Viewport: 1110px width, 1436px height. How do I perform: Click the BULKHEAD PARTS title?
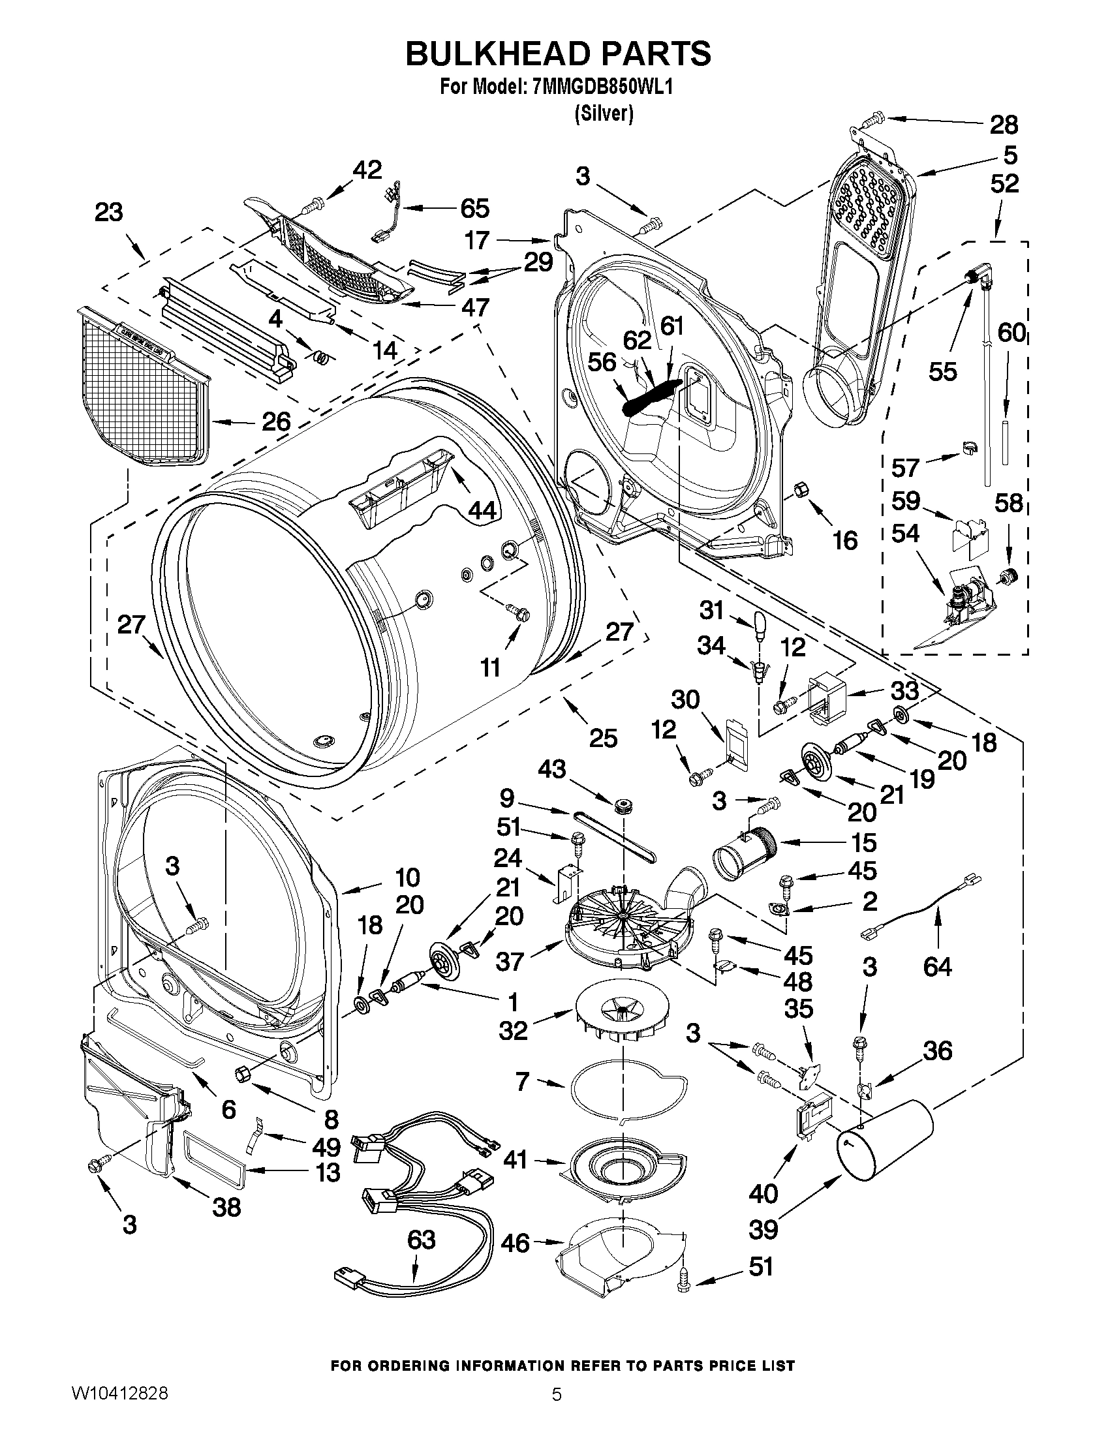tap(558, 53)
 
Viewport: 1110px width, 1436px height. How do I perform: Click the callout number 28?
tap(1004, 124)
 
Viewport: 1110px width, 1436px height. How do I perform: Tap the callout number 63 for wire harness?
tap(421, 1240)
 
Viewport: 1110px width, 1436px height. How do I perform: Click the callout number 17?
tap(478, 240)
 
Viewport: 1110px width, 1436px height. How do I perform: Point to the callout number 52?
tap(1004, 183)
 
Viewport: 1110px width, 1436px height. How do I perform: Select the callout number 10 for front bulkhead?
tap(408, 877)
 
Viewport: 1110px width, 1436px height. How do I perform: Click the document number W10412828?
tap(119, 1412)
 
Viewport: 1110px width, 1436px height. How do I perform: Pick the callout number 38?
tap(226, 1206)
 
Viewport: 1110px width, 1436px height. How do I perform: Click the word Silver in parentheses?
tap(603, 114)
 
